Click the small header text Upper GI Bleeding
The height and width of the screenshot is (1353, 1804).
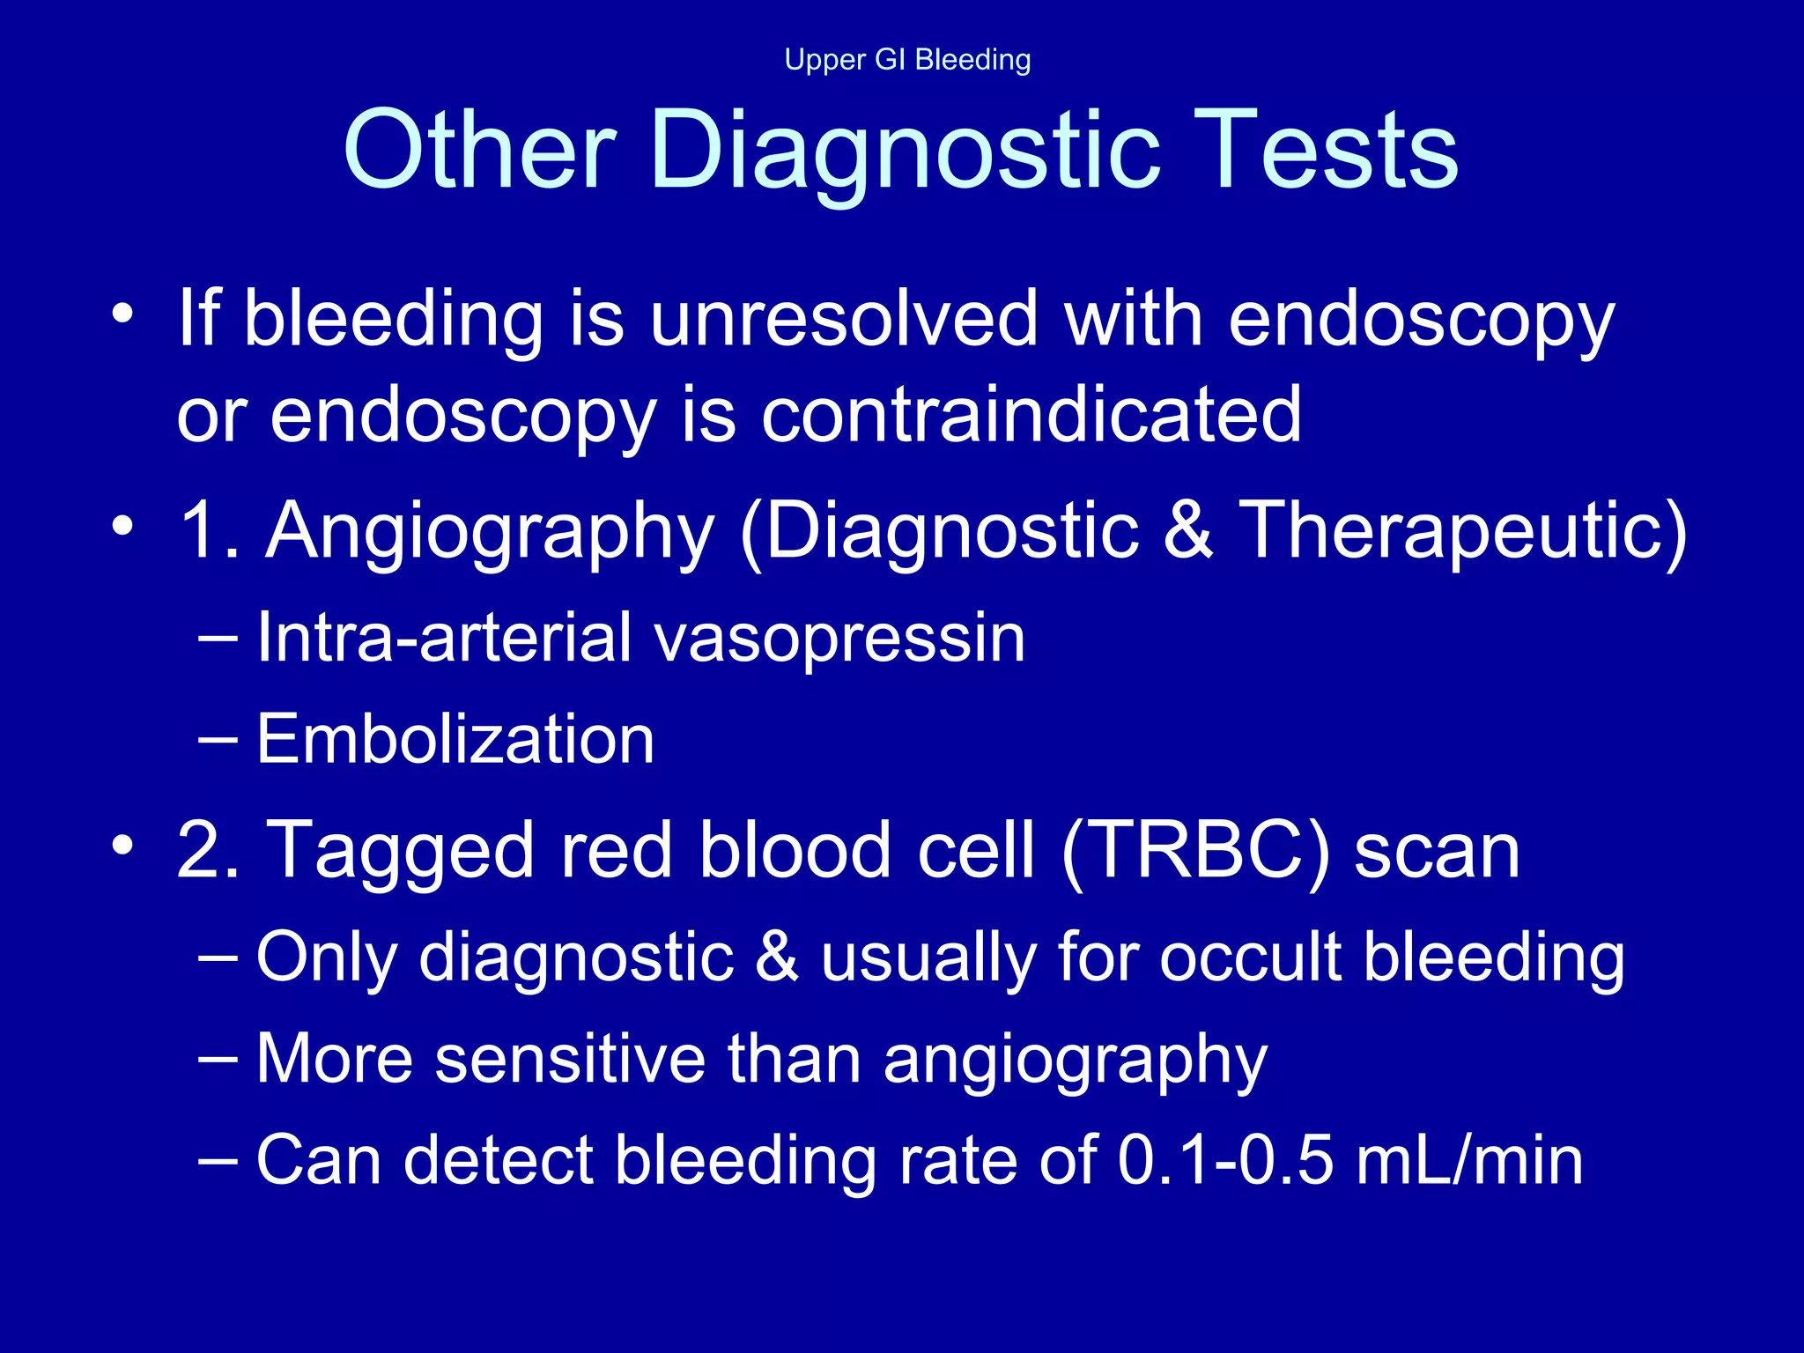pyautogui.click(x=907, y=60)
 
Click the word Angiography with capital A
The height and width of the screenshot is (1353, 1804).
pyautogui.click(x=490, y=532)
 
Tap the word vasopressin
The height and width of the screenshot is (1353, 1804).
pyautogui.click(x=840, y=640)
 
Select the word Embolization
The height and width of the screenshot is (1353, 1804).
pyautogui.click(x=455, y=740)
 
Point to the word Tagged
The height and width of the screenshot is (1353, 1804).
pyautogui.click(x=401, y=853)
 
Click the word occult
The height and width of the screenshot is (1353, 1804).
pyautogui.click(x=1250, y=957)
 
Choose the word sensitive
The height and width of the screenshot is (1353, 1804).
pyautogui.click(x=570, y=1059)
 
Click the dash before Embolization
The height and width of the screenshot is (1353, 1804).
pyautogui.click(x=218, y=738)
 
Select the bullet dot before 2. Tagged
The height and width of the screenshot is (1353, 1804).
pyautogui.click(x=123, y=845)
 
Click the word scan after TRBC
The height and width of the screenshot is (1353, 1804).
pyautogui.click(x=1437, y=853)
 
